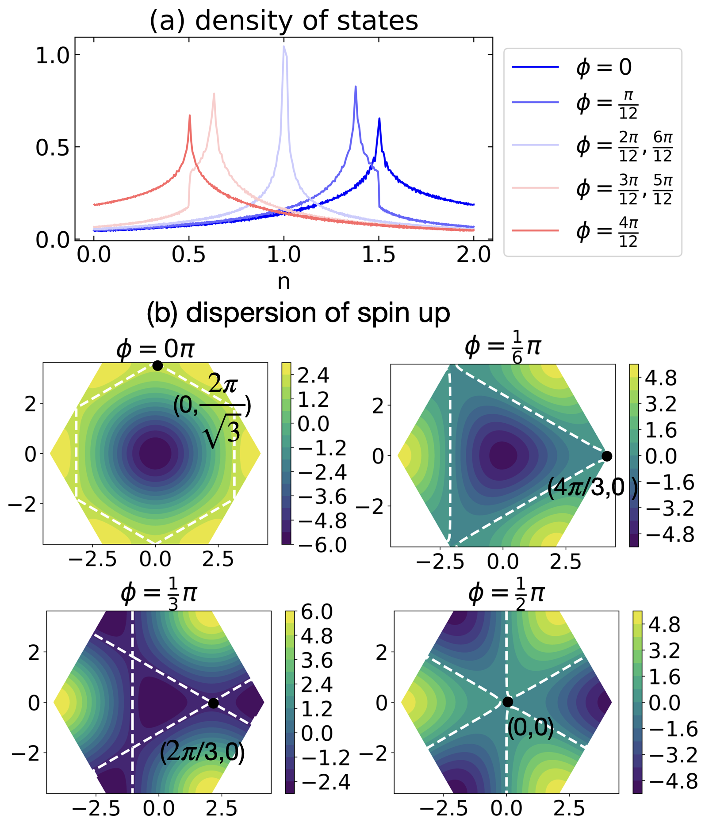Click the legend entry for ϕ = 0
point(593,67)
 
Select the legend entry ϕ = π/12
point(593,103)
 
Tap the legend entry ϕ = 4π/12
point(593,231)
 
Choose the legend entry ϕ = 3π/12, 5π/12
point(593,189)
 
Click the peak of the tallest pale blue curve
point(284,46)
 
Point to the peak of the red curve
point(190,115)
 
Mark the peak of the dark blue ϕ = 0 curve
point(379,119)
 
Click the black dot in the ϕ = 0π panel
point(157,366)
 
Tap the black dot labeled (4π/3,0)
point(607,456)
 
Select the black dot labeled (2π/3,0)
point(213,703)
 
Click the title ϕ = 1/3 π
point(159,593)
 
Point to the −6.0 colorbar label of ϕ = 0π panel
point(322,545)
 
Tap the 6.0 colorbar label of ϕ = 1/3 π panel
point(316,612)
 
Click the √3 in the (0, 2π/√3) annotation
point(223,430)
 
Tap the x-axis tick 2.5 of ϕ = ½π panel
point(569,808)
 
